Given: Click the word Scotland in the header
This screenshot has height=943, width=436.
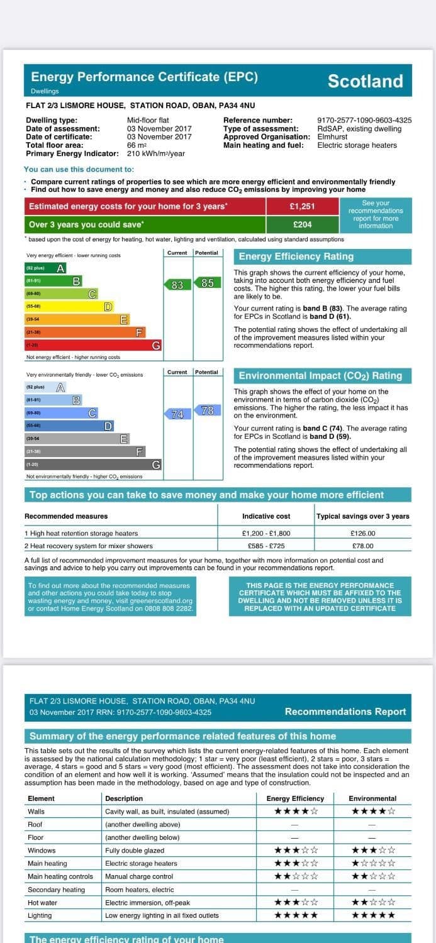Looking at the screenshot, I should tap(365, 81).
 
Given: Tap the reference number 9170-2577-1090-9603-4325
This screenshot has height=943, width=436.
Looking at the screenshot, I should tap(364, 120).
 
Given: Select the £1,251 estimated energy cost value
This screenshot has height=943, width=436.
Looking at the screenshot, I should tap(302, 206).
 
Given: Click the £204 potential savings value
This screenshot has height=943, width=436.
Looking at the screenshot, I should tap(302, 224).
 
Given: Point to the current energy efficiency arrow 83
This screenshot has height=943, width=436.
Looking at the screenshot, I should tap(177, 285).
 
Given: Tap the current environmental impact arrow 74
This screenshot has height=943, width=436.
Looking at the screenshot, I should tap(177, 414).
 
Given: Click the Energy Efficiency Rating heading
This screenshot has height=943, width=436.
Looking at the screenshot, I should tap(296, 256).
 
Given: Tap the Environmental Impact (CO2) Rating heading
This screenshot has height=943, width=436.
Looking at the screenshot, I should tap(320, 376).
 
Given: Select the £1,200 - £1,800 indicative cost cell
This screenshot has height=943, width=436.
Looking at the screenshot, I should tap(266, 533).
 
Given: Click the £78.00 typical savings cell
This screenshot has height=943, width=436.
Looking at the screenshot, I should tap(362, 546).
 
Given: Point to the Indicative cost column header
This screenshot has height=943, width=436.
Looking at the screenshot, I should tap(266, 516).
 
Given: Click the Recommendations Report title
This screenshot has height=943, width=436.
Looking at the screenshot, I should tap(345, 712).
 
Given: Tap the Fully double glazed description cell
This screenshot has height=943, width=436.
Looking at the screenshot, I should tap(135, 851).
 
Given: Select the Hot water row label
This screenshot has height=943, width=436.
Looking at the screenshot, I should tap(42, 903).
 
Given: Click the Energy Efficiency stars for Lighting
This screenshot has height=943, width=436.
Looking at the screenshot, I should tap(296, 915).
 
